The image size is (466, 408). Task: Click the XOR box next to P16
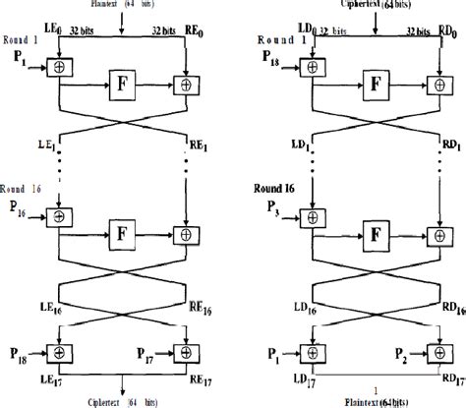[x=60, y=215]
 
